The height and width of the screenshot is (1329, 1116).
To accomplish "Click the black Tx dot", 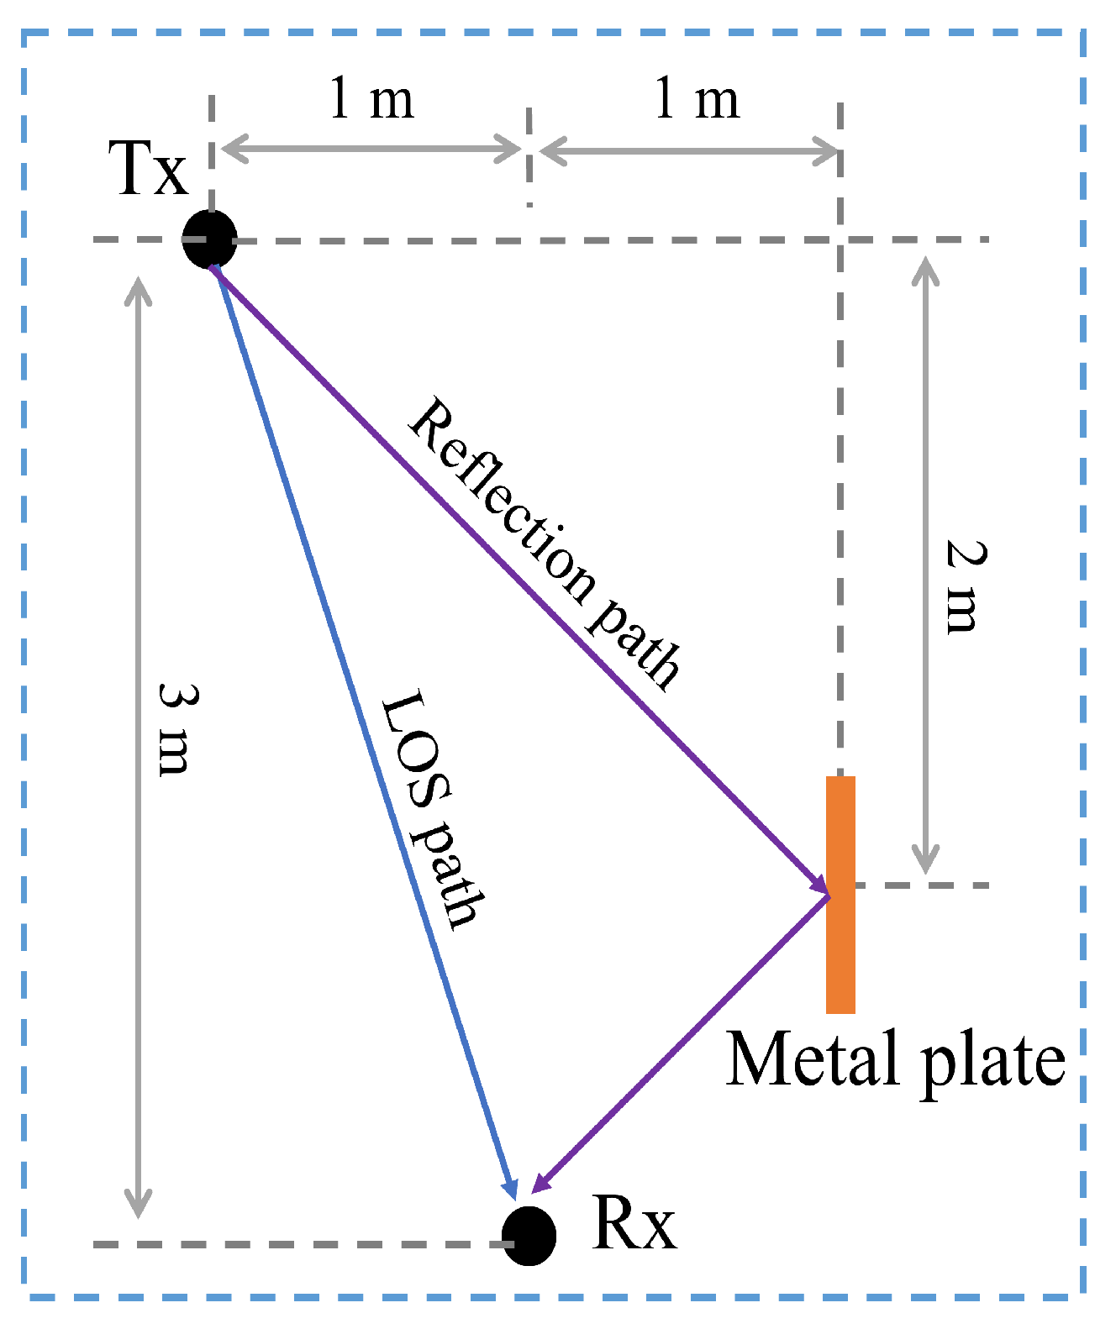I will [x=210, y=239].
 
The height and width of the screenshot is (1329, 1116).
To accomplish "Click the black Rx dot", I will [x=529, y=1235].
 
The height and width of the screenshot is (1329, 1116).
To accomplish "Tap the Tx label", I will [x=149, y=170].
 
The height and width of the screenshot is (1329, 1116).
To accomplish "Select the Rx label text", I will [x=634, y=1224].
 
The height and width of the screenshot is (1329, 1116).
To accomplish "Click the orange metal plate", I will [x=840, y=895].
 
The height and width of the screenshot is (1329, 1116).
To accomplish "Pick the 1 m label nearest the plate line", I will [x=697, y=99].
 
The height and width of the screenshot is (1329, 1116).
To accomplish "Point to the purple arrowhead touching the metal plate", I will [x=819, y=882].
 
